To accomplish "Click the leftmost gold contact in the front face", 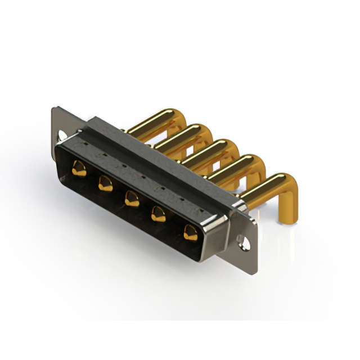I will click(79, 168).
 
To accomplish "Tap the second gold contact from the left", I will click(105, 183).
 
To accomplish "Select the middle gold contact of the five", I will click(132, 199).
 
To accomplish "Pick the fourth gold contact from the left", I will click(159, 214).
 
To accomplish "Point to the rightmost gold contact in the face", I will click(191, 232).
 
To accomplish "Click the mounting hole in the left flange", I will click(61, 135).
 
